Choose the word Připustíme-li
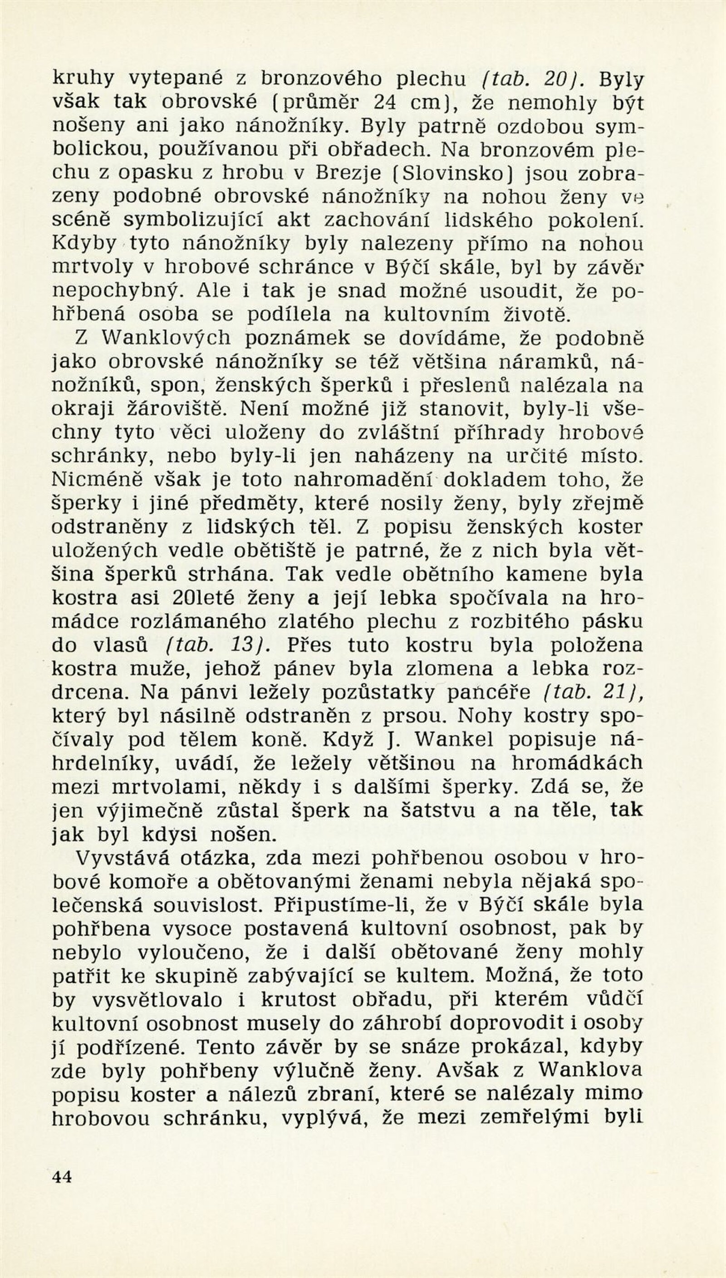[x=339, y=904]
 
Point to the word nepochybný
[x=122, y=291]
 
